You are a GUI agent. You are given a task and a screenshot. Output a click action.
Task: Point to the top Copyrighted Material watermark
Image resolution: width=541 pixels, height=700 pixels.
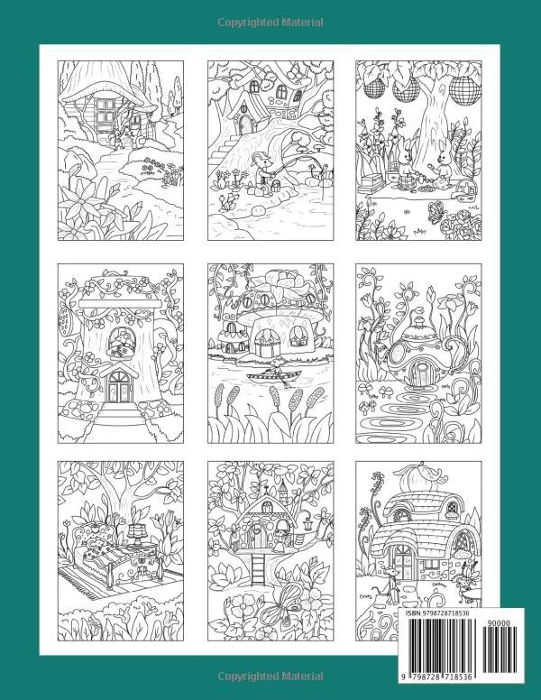pyautogui.click(x=270, y=19)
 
